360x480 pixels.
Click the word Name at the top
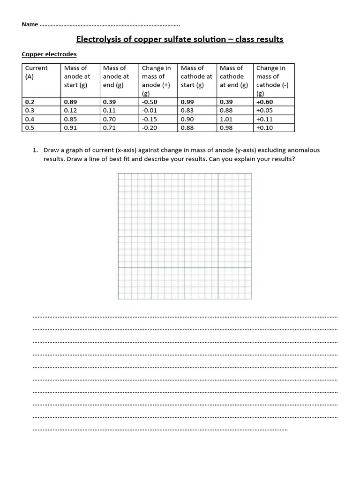pyautogui.click(x=30, y=24)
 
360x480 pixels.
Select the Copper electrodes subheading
pyautogui.click(x=49, y=54)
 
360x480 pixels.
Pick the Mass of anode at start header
pyautogui.click(x=77, y=76)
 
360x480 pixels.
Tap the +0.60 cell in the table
pyautogui.click(x=265, y=102)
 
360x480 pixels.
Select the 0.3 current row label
pyautogui.click(x=30, y=111)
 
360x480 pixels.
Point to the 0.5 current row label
pyautogui.click(x=30, y=127)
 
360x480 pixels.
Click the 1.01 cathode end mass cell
pyautogui.click(x=227, y=119)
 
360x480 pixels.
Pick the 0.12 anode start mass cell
pyautogui.click(x=70, y=111)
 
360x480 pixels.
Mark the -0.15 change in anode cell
pyautogui.click(x=150, y=119)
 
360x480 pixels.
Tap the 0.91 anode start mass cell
pyautogui.click(x=70, y=127)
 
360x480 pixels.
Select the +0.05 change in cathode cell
pyautogui.click(x=264, y=111)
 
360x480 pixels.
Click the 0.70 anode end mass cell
pyautogui.click(x=109, y=119)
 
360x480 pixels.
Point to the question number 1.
pyautogui.click(x=35, y=150)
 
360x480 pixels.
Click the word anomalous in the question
pyautogui.click(x=303, y=150)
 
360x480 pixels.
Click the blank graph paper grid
pyautogui.click(x=184, y=236)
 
